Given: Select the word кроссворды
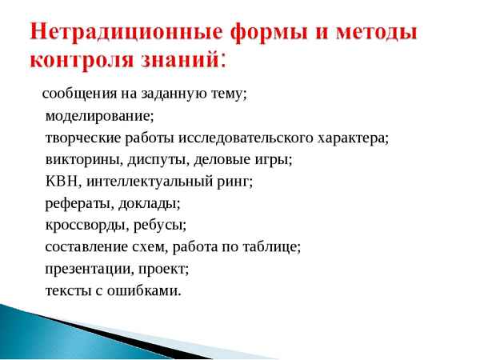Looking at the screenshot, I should tap(81, 225).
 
